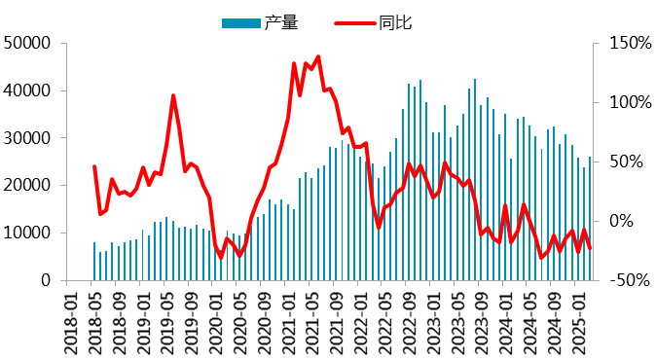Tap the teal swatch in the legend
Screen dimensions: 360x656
tap(241, 21)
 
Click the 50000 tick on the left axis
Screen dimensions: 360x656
tap(28, 43)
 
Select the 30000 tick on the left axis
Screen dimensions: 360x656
tap(28, 138)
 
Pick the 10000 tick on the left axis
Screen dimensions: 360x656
tap(28, 233)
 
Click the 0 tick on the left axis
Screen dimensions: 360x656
tap(46, 280)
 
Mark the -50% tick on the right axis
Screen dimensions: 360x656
tap(624, 280)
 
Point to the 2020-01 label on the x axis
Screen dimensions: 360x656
tap(215, 319)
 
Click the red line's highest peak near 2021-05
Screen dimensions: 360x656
tap(317, 57)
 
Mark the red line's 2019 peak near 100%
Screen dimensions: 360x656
tap(173, 95)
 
